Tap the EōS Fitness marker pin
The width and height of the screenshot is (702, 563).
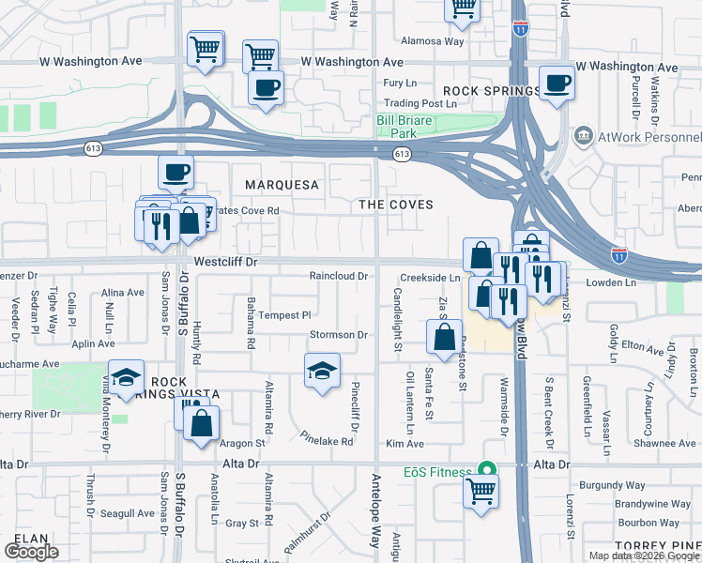pyautogui.click(x=486, y=468)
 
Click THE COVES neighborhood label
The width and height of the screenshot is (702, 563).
pyautogui.click(x=397, y=204)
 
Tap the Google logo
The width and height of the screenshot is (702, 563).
pyautogui.click(x=31, y=552)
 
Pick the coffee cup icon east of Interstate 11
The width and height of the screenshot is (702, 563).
pyautogui.click(x=557, y=83)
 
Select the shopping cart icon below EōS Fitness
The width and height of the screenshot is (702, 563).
pyautogui.click(x=481, y=489)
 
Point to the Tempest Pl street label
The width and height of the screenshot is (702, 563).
pyautogui.click(x=284, y=315)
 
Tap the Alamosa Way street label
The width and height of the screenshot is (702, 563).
pyautogui.click(x=433, y=41)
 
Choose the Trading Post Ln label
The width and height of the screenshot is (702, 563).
pyautogui.click(x=412, y=103)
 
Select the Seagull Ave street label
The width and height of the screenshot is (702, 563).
pyautogui.click(x=128, y=512)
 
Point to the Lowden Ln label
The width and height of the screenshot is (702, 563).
pyautogui.click(x=612, y=281)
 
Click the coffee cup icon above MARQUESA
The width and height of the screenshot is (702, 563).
pyautogui.click(x=175, y=173)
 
